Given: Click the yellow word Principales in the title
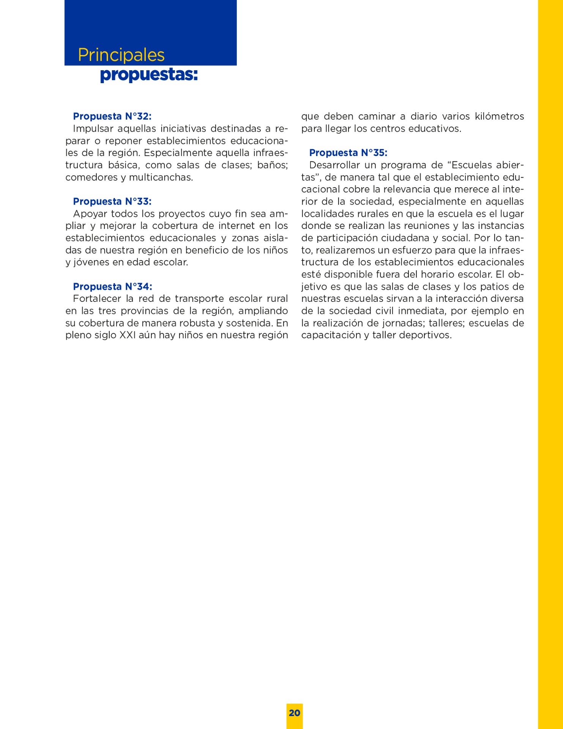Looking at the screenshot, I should pos(121,55).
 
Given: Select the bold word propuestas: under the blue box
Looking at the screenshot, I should pos(149,74).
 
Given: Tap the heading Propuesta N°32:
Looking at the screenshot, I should pos(112,116).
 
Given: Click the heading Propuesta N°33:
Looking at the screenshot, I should pos(112,201).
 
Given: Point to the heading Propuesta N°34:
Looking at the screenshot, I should pos(112,286).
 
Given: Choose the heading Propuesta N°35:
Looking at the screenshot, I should pos(348,153).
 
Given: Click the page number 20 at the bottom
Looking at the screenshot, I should pos(294,713).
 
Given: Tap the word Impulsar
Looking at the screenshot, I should pos(93,129).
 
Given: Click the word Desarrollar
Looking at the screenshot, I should pos(334,165).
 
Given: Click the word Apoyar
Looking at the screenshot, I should pos(90,214).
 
